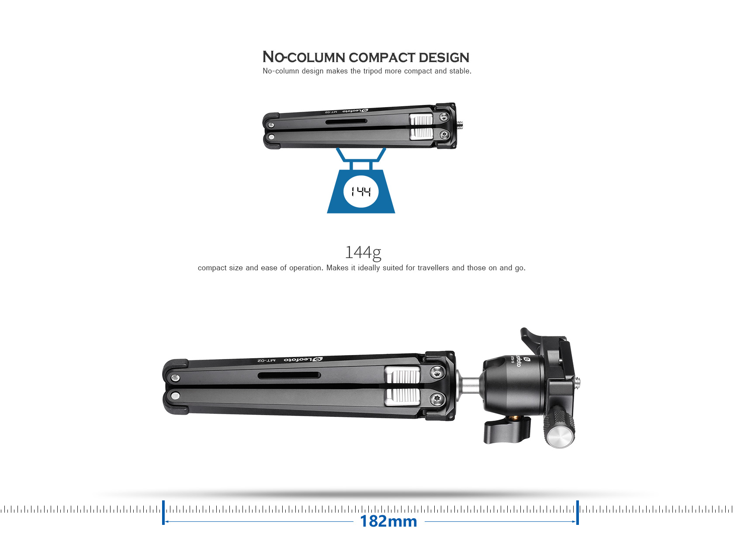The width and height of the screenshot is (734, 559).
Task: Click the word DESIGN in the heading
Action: click(x=444, y=58)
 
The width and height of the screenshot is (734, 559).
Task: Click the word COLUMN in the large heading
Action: click(x=316, y=58)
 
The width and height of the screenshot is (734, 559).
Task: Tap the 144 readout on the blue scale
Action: click(x=361, y=192)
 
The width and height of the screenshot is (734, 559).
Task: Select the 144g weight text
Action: click(x=363, y=252)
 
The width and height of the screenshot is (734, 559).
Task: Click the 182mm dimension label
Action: click(x=388, y=521)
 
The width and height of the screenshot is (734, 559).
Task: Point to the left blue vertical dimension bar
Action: click(x=163, y=512)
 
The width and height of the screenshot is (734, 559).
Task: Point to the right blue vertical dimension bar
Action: click(x=577, y=512)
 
